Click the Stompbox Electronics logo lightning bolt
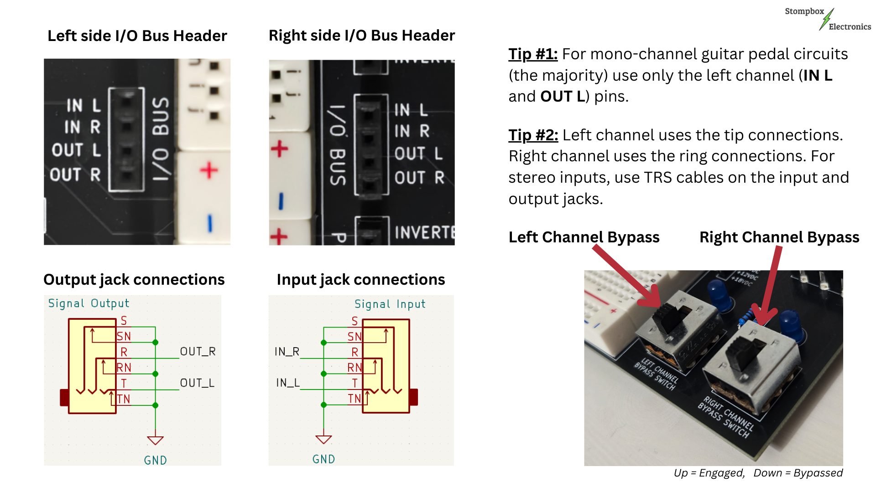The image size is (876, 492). [826, 20]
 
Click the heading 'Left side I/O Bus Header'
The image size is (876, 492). [137, 36]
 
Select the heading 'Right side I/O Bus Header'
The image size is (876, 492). [361, 35]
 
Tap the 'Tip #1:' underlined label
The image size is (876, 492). [532, 54]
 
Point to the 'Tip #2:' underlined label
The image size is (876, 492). [533, 135]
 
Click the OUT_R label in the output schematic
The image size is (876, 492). [197, 351]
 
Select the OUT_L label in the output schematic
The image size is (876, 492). [197, 383]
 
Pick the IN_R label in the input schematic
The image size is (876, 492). [287, 351]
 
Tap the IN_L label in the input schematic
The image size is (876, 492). [287, 383]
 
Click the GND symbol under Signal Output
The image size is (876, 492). [155, 441]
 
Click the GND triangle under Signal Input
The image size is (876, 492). [323, 440]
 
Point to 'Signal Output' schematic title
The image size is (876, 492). [89, 303]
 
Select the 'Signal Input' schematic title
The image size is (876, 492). [390, 304]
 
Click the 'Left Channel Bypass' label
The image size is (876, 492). [584, 237]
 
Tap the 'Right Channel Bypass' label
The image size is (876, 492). [779, 237]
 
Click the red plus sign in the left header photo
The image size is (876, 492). [209, 170]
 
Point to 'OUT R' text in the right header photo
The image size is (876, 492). [419, 177]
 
